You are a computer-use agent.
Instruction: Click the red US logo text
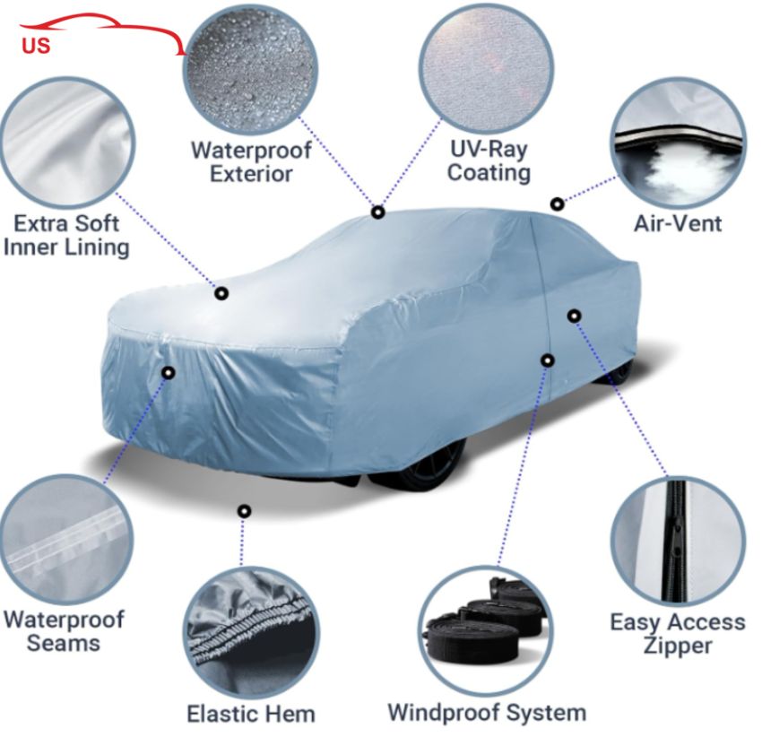(x=36, y=46)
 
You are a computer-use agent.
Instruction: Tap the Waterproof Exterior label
(x=251, y=161)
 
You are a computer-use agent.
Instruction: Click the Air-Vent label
(x=677, y=222)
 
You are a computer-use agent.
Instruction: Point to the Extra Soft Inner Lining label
(x=65, y=234)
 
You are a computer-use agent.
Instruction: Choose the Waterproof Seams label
(x=63, y=630)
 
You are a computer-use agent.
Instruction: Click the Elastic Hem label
(x=251, y=714)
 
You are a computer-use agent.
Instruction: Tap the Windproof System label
(x=487, y=712)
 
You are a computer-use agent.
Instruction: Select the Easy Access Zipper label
(x=677, y=633)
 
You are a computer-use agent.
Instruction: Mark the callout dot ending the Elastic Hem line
(x=243, y=511)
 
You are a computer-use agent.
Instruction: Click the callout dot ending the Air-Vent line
(x=557, y=204)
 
